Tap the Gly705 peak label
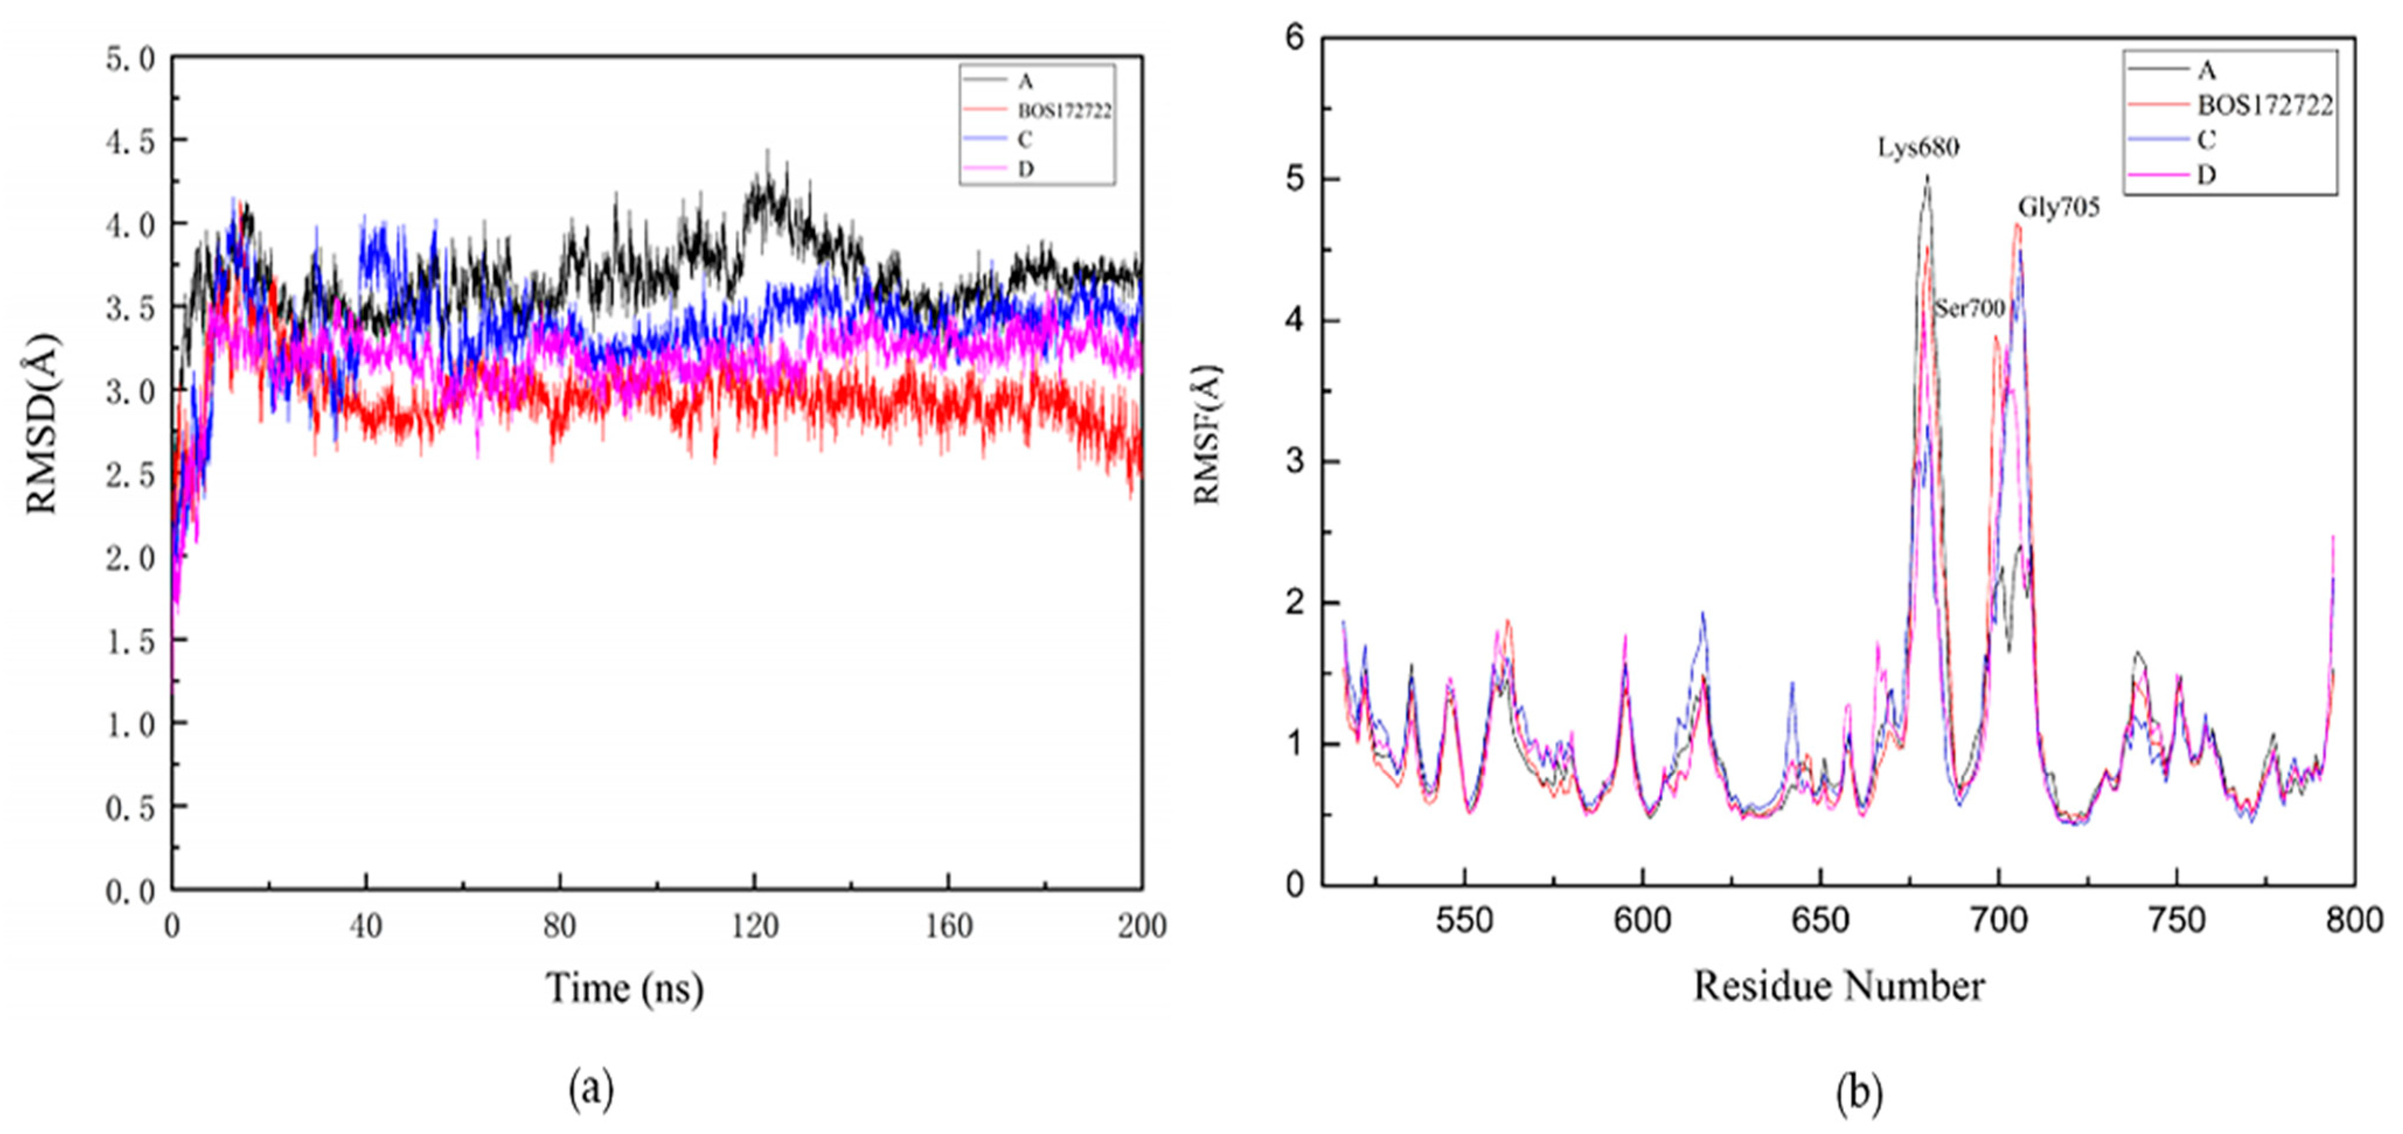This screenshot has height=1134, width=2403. point(2059,207)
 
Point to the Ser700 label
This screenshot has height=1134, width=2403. point(1969,308)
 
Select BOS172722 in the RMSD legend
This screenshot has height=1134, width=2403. point(1063,111)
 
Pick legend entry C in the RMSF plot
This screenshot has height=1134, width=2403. point(2206,140)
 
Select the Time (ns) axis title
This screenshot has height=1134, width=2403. point(624,987)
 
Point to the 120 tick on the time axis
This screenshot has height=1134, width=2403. point(754,926)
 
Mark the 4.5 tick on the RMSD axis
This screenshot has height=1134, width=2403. point(131,141)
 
